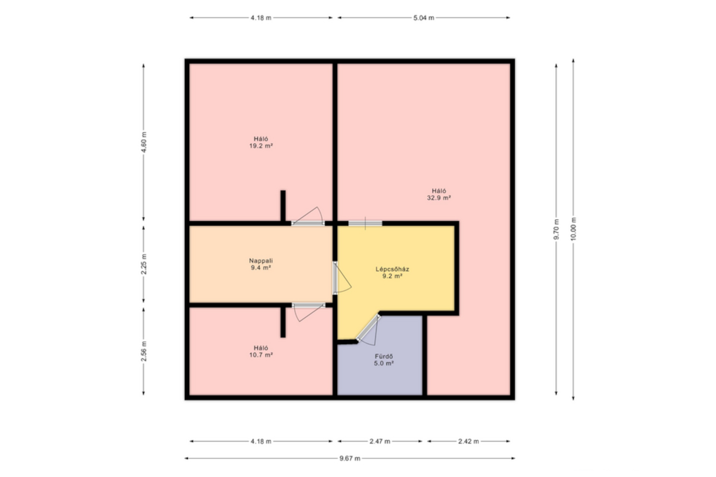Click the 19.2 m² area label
click(261, 146)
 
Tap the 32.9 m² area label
click(439, 198)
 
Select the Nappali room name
click(261, 261)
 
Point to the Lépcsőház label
click(392, 269)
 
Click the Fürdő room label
click(384, 356)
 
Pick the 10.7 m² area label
click(261, 355)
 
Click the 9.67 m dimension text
click(350, 458)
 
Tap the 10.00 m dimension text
click(574, 229)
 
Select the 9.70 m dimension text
click(556, 229)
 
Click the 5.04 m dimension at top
click(424, 18)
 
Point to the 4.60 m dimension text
click(144, 142)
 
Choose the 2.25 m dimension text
click(144, 264)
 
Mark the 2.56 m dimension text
click(144, 351)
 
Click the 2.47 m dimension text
click(380, 441)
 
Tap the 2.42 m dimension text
click(468, 441)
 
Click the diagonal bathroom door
click(368, 328)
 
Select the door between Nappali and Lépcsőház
click(335, 278)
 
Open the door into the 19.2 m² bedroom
click(308, 223)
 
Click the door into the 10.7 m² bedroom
click(308, 306)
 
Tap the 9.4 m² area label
click(261, 268)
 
